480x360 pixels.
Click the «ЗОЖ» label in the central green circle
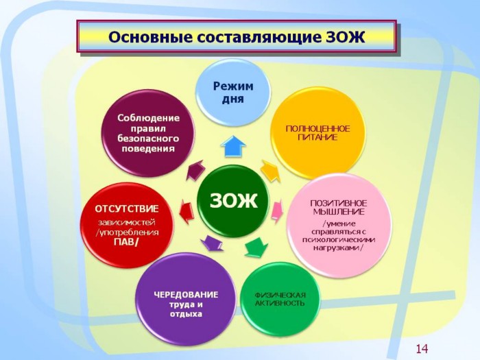[x=234, y=201]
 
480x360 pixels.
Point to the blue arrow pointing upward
[x=233, y=146]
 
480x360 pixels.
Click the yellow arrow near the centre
[x=271, y=171]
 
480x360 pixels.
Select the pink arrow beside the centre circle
[x=277, y=211]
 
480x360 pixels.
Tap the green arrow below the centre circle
[x=256, y=247]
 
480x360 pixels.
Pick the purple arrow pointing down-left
[x=212, y=243]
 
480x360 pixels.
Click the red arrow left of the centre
[x=187, y=211]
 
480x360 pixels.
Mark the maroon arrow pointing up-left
[x=195, y=170]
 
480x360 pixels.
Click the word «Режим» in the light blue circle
[x=233, y=86]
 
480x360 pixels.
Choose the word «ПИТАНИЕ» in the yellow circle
[x=317, y=137]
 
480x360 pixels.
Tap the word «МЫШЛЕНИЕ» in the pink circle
[x=339, y=212]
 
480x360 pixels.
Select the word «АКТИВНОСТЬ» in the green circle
[x=280, y=303]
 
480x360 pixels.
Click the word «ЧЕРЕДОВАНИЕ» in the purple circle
[x=186, y=295]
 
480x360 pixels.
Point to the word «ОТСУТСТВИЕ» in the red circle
[x=127, y=209]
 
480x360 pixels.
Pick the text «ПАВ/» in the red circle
[x=126, y=242]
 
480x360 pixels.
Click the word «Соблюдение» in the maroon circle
[x=149, y=118]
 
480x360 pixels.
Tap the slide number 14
[x=422, y=348]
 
